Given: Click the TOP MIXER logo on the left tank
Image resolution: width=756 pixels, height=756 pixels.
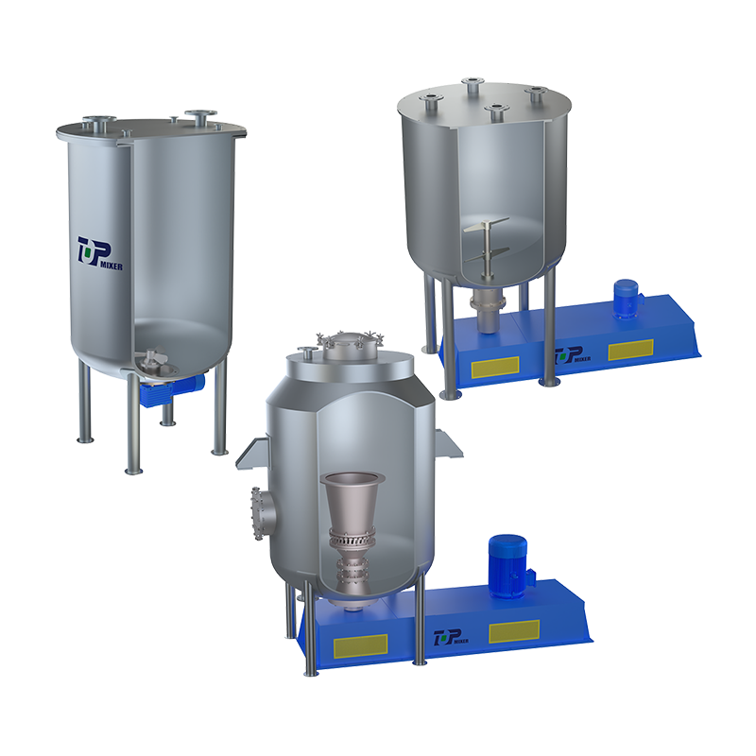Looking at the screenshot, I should (x=99, y=253).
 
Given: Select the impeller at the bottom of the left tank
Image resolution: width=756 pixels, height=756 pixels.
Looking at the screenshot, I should (x=150, y=359).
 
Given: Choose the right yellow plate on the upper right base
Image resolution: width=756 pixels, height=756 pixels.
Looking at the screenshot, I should (x=629, y=351).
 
